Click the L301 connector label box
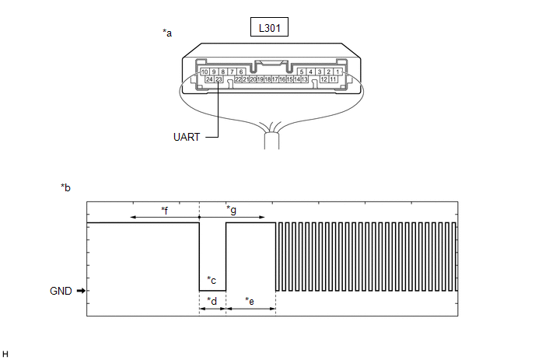269,27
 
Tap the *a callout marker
167,33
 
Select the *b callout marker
65,187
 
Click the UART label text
187,137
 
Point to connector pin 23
219,79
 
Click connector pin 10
205,72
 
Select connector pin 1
337,72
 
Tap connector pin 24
209,79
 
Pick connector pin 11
333,79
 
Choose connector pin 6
241,72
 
